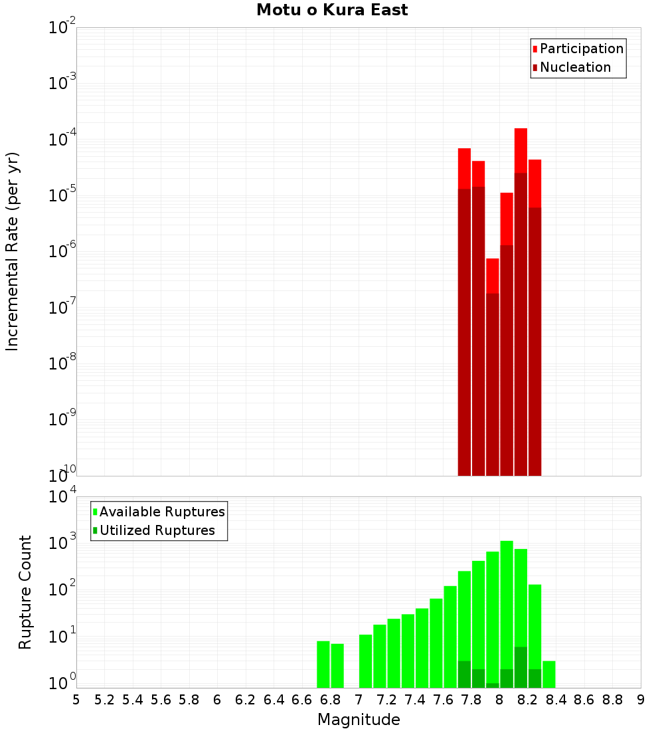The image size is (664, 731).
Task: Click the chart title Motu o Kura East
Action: (x=332, y=11)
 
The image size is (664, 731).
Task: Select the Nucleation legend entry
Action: (x=574, y=67)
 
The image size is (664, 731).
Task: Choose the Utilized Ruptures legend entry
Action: (x=157, y=530)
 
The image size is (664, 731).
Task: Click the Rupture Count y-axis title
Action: (x=25, y=592)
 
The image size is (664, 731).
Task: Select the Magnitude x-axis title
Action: (x=359, y=720)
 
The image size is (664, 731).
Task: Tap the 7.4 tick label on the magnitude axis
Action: (x=415, y=700)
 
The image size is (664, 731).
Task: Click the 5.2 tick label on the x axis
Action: (x=104, y=700)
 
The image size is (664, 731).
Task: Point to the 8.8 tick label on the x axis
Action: (x=612, y=700)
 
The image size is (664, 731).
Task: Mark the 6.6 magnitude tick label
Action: (x=302, y=700)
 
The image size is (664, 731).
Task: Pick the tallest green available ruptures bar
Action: (x=507, y=611)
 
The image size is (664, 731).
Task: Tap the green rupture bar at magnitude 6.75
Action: (x=323, y=664)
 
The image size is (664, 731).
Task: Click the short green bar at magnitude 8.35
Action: (x=549, y=674)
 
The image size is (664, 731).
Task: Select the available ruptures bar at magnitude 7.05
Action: (x=365, y=661)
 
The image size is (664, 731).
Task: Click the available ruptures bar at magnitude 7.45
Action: (x=422, y=648)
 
